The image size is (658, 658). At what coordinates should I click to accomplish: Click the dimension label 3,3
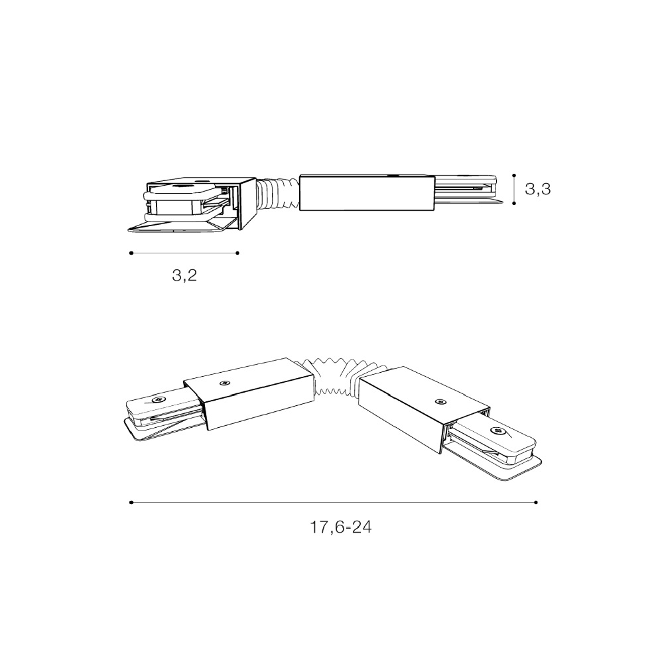click(537, 189)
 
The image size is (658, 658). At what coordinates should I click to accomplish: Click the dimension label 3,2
click(184, 275)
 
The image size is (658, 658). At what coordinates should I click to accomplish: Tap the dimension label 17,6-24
click(340, 527)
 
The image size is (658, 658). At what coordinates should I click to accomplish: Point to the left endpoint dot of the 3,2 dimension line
click(131, 253)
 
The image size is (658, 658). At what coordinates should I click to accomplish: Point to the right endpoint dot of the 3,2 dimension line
click(237, 253)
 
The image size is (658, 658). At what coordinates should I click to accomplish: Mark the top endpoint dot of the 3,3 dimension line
click(514, 176)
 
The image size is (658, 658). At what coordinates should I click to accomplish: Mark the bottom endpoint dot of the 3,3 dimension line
click(514, 203)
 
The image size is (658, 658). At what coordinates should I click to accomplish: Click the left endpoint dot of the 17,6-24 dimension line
click(131, 502)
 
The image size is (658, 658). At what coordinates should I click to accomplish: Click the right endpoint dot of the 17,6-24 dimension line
click(536, 502)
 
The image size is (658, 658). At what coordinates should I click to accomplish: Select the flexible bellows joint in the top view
click(277, 192)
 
